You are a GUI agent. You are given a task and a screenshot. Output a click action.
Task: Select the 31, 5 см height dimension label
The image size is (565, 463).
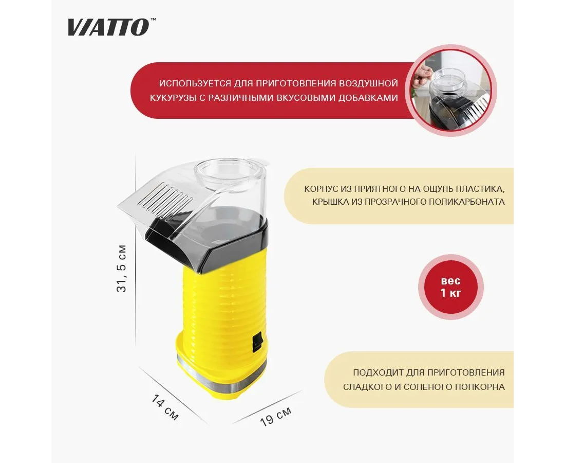(122, 269)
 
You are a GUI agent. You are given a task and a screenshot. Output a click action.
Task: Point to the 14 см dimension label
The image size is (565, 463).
(165, 407)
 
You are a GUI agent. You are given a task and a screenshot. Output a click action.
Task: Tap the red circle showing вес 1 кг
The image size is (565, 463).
(450, 287)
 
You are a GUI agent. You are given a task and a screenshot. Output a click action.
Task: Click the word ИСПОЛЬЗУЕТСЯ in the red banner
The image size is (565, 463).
(195, 83)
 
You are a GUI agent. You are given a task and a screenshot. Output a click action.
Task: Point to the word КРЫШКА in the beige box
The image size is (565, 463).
(331, 202)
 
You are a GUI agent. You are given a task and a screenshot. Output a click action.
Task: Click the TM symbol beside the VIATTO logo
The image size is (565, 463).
(153, 20)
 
